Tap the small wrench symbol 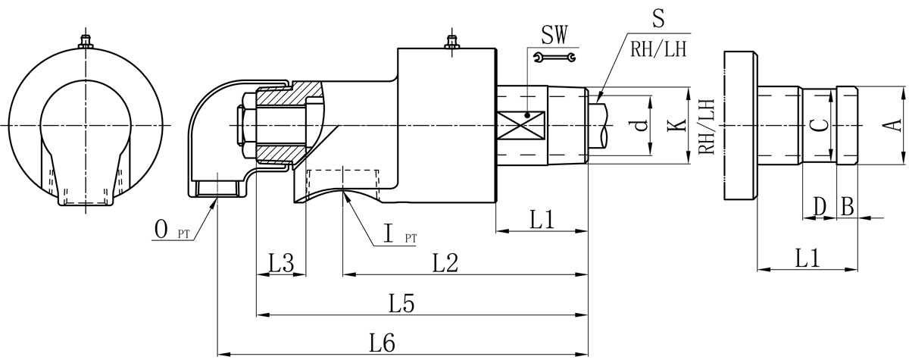[554, 57]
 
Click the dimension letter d [642, 126]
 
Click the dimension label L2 [445, 264]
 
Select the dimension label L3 [281, 264]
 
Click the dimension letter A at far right [892, 125]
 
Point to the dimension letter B [848, 205]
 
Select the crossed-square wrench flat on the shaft [520, 126]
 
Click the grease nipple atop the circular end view [86, 42]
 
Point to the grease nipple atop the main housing [452, 44]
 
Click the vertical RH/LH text [705, 126]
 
